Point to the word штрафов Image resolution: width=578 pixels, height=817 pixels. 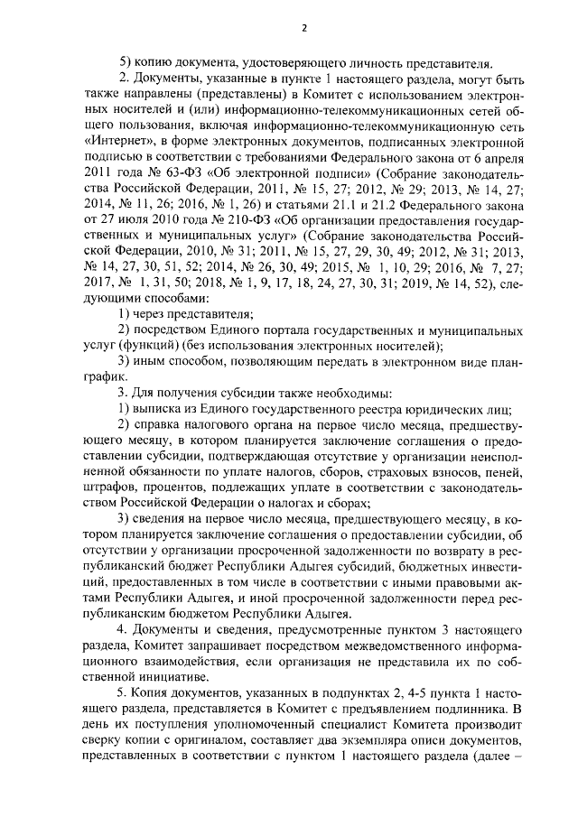point(108,488)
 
